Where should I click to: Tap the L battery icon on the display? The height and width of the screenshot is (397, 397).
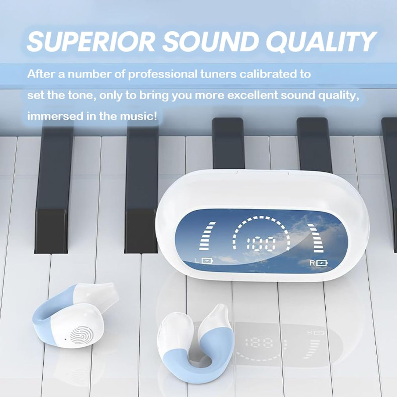tap(207, 260)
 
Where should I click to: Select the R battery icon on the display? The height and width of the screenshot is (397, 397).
tap(322, 263)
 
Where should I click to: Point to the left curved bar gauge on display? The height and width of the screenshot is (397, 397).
tap(207, 236)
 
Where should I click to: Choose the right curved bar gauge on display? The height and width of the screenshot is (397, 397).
tap(316, 238)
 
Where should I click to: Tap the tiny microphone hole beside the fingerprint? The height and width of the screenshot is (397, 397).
tap(65, 339)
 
